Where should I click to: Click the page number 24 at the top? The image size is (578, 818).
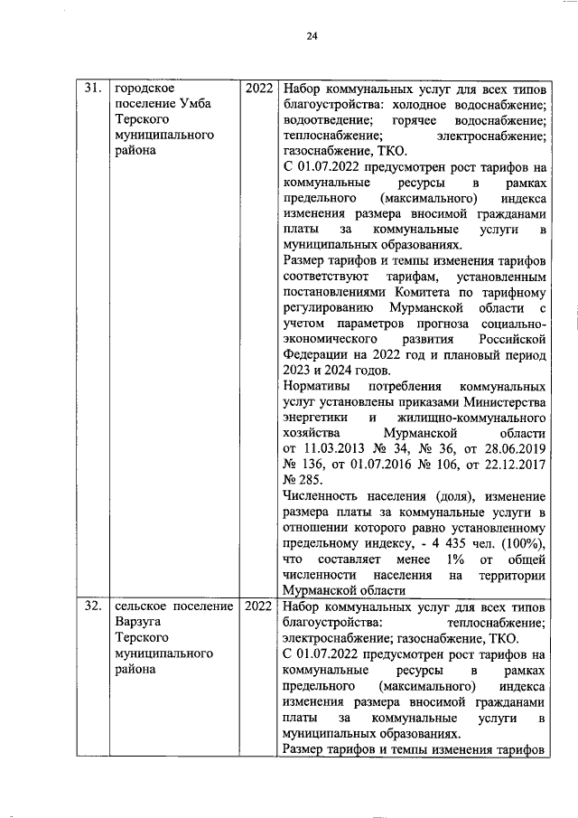(312, 36)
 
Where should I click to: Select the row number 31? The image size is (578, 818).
(92, 89)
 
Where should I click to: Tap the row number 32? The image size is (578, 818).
(92, 606)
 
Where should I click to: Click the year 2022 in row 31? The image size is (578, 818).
(259, 89)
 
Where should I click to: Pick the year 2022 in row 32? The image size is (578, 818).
(259, 606)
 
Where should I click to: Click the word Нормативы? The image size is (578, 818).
(317, 386)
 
